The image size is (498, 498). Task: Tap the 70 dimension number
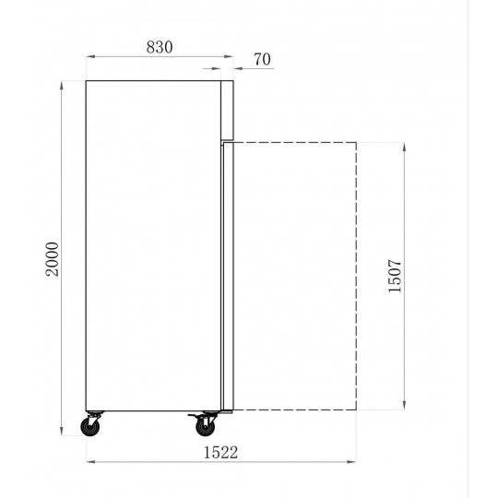click(x=261, y=59)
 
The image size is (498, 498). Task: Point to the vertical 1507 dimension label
click(x=395, y=276)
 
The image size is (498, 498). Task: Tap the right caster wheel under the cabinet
click(x=203, y=427)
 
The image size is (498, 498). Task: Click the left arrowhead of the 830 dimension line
click(x=89, y=56)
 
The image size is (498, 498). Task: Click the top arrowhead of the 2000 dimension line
click(x=62, y=83)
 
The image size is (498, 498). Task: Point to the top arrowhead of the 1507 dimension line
click(x=405, y=145)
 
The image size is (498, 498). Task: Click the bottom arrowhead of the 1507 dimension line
click(x=405, y=407)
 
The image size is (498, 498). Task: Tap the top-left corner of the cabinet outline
click(x=86, y=81)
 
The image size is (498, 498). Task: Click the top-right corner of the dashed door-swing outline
click(x=356, y=142)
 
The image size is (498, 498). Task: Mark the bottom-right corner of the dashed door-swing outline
click(x=356, y=409)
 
